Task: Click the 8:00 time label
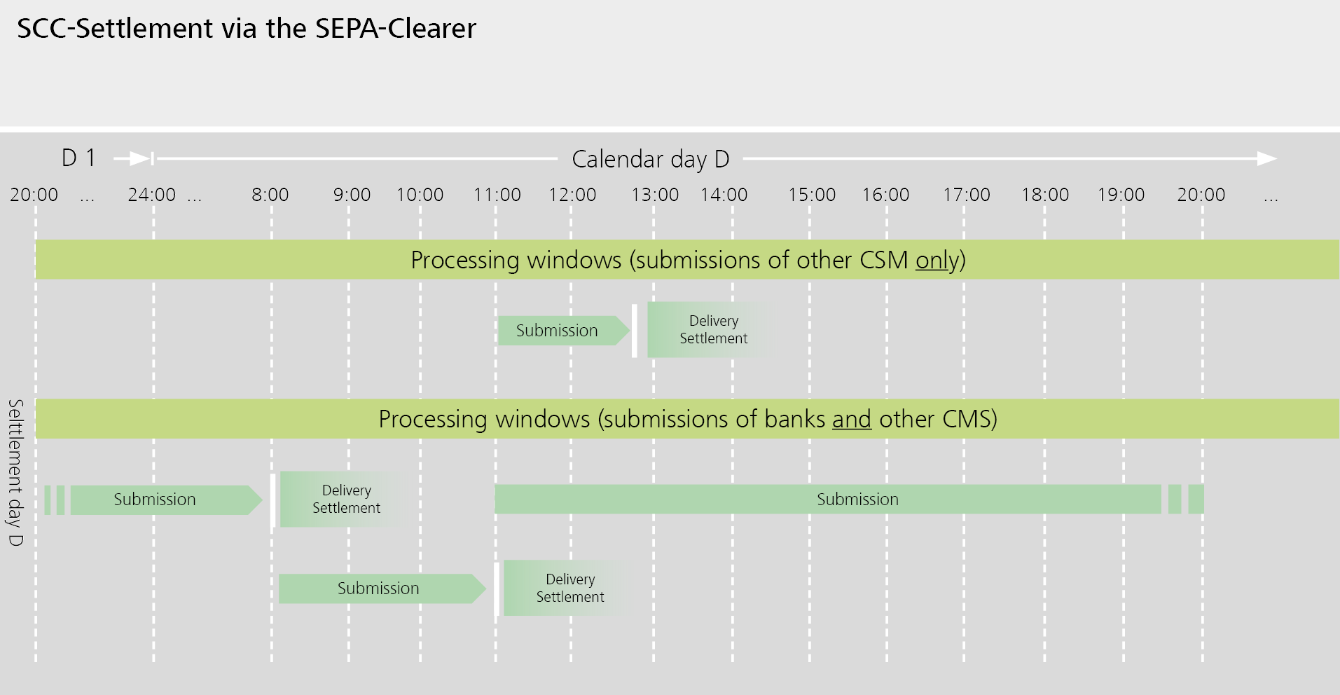click(270, 195)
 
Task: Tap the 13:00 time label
click(655, 195)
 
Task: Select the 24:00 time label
click(152, 195)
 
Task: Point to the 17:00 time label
click(966, 195)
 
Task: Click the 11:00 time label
click(497, 195)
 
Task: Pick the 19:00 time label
click(1121, 195)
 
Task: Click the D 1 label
click(78, 158)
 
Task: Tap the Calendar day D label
click(650, 159)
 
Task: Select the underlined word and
click(851, 420)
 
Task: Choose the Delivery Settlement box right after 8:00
click(343, 499)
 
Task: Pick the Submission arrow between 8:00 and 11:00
click(378, 589)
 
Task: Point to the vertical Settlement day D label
click(15, 473)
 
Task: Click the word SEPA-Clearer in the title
click(395, 29)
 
